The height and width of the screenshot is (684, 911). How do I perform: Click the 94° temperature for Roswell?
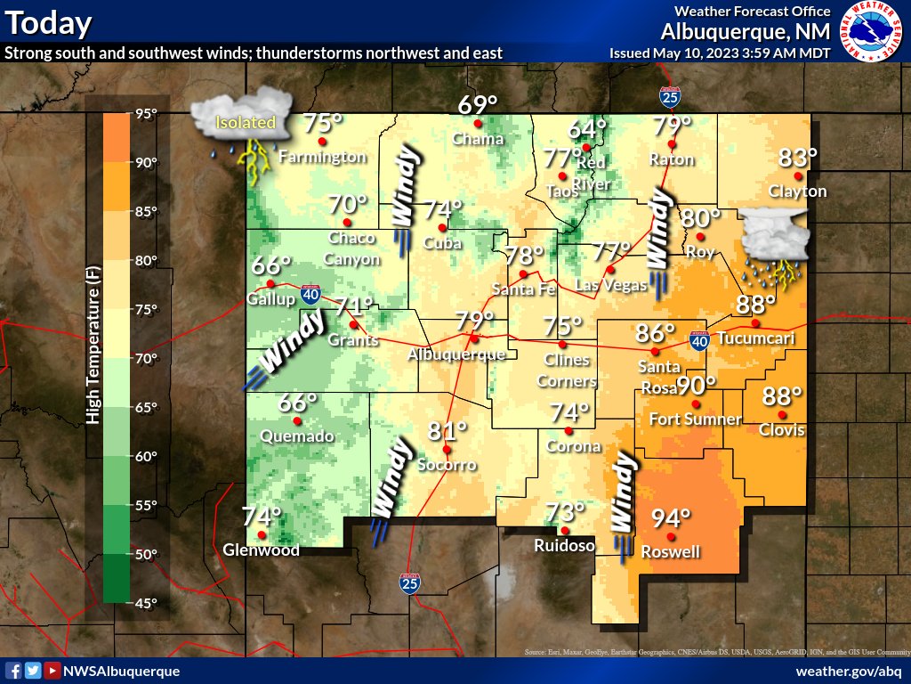tap(672, 517)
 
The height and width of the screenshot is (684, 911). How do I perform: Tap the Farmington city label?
tap(322, 157)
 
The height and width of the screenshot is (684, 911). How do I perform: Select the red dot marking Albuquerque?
tap(475, 338)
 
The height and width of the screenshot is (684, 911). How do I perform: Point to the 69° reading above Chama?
tap(477, 105)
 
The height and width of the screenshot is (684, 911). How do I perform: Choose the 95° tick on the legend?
tap(146, 113)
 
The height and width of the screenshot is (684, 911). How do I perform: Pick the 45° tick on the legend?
tap(146, 603)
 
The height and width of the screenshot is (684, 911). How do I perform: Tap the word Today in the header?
tap(48, 23)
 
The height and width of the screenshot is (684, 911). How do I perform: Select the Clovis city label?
tap(782, 430)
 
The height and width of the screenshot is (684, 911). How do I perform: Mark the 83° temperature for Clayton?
tap(797, 158)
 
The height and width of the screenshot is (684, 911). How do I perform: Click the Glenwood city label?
tap(261, 550)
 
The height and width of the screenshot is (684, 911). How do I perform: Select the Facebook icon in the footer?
tap(14, 671)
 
